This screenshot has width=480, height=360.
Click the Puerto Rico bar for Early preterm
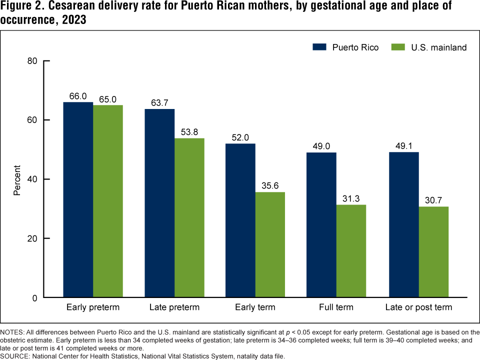click(x=78, y=200)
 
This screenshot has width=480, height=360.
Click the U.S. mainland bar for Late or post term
click(x=433, y=252)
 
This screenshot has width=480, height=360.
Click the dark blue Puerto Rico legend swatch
click(x=319, y=47)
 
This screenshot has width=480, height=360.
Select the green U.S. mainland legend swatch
click(x=398, y=47)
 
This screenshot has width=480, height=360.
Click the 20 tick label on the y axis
click(x=32, y=238)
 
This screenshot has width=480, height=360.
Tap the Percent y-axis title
click(x=17, y=179)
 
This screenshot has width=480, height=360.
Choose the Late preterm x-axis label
click(x=174, y=307)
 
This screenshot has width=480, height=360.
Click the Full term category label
click(x=336, y=307)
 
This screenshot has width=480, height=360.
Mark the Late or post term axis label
click(x=418, y=307)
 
